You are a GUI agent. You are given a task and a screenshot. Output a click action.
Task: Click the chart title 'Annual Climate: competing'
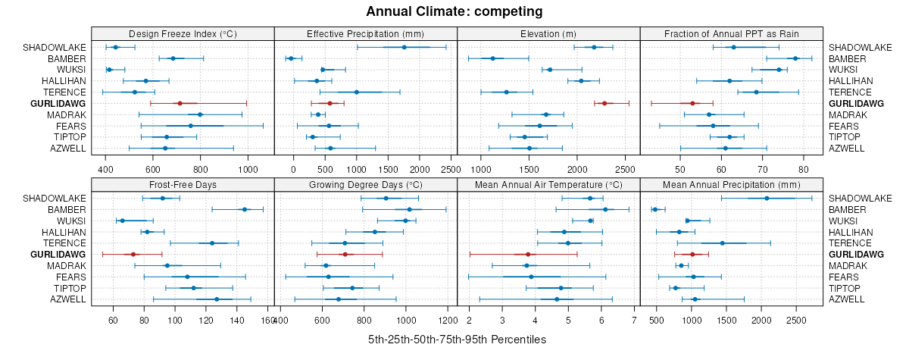click(x=454, y=11)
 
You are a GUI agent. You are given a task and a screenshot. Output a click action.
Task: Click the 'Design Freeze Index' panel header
click(x=183, y=33)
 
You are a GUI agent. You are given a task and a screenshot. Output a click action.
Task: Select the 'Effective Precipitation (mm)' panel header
click(x=365, y=33)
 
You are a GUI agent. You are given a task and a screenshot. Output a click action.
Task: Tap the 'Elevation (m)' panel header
click(x=548, y=33)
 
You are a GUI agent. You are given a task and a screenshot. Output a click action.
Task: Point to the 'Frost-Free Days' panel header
click(x=183, y=185)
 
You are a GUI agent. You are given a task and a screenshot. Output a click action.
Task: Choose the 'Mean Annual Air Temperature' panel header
click(x=548, y=185)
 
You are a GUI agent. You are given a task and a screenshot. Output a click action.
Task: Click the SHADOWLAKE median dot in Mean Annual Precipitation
click(x=767, y=199)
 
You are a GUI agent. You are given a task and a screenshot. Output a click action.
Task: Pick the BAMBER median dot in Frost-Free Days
click(x=244, y=209)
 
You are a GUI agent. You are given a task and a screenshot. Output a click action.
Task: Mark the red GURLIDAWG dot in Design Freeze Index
click(x=180, y=103)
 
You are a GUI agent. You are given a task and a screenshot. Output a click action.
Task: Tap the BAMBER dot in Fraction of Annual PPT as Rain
click(x=795, y=58)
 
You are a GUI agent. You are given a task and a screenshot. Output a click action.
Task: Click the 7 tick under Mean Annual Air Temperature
click(x=633, y=321)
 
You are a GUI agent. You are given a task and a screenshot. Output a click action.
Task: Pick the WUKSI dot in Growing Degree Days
click(x=405, y=221)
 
